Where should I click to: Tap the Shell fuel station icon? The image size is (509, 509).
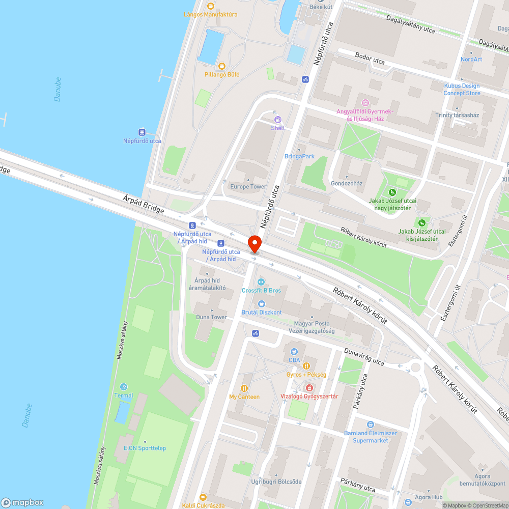278,120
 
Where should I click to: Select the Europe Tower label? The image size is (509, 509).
248,187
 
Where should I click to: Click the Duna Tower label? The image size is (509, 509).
212,317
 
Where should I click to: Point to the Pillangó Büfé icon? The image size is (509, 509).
221,66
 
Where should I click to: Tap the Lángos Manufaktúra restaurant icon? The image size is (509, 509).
211,6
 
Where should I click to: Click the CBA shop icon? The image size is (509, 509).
294,351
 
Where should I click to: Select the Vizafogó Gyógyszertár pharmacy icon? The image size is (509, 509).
309,388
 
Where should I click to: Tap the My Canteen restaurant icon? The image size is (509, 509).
244,388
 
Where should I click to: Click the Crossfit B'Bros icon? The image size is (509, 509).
261,281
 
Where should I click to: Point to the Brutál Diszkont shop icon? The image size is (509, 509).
262,304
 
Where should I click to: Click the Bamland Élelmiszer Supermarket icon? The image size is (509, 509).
371,425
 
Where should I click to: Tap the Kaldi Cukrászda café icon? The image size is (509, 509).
203,497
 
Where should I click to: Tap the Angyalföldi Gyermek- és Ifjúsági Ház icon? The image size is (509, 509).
364,103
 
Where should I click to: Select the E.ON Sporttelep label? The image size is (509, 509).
145,448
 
